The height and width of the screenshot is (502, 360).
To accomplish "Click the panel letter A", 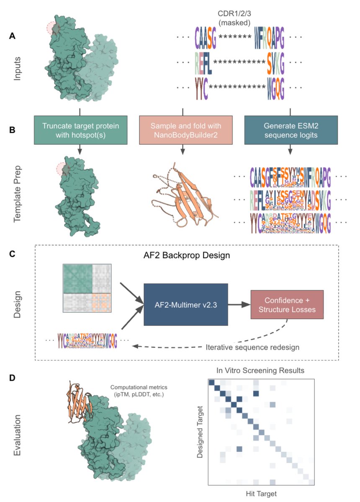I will point(13,36).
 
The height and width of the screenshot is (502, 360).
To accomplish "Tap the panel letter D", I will point(13,377).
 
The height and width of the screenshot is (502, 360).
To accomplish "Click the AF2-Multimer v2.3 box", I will point(185,304).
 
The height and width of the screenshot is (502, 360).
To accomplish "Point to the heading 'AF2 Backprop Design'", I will point(185,255).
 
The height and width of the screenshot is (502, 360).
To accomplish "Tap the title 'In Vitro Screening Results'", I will point(260,371).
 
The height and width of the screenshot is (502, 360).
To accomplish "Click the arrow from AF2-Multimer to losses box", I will point(239,305).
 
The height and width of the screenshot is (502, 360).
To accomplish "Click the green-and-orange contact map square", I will point(87,288).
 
